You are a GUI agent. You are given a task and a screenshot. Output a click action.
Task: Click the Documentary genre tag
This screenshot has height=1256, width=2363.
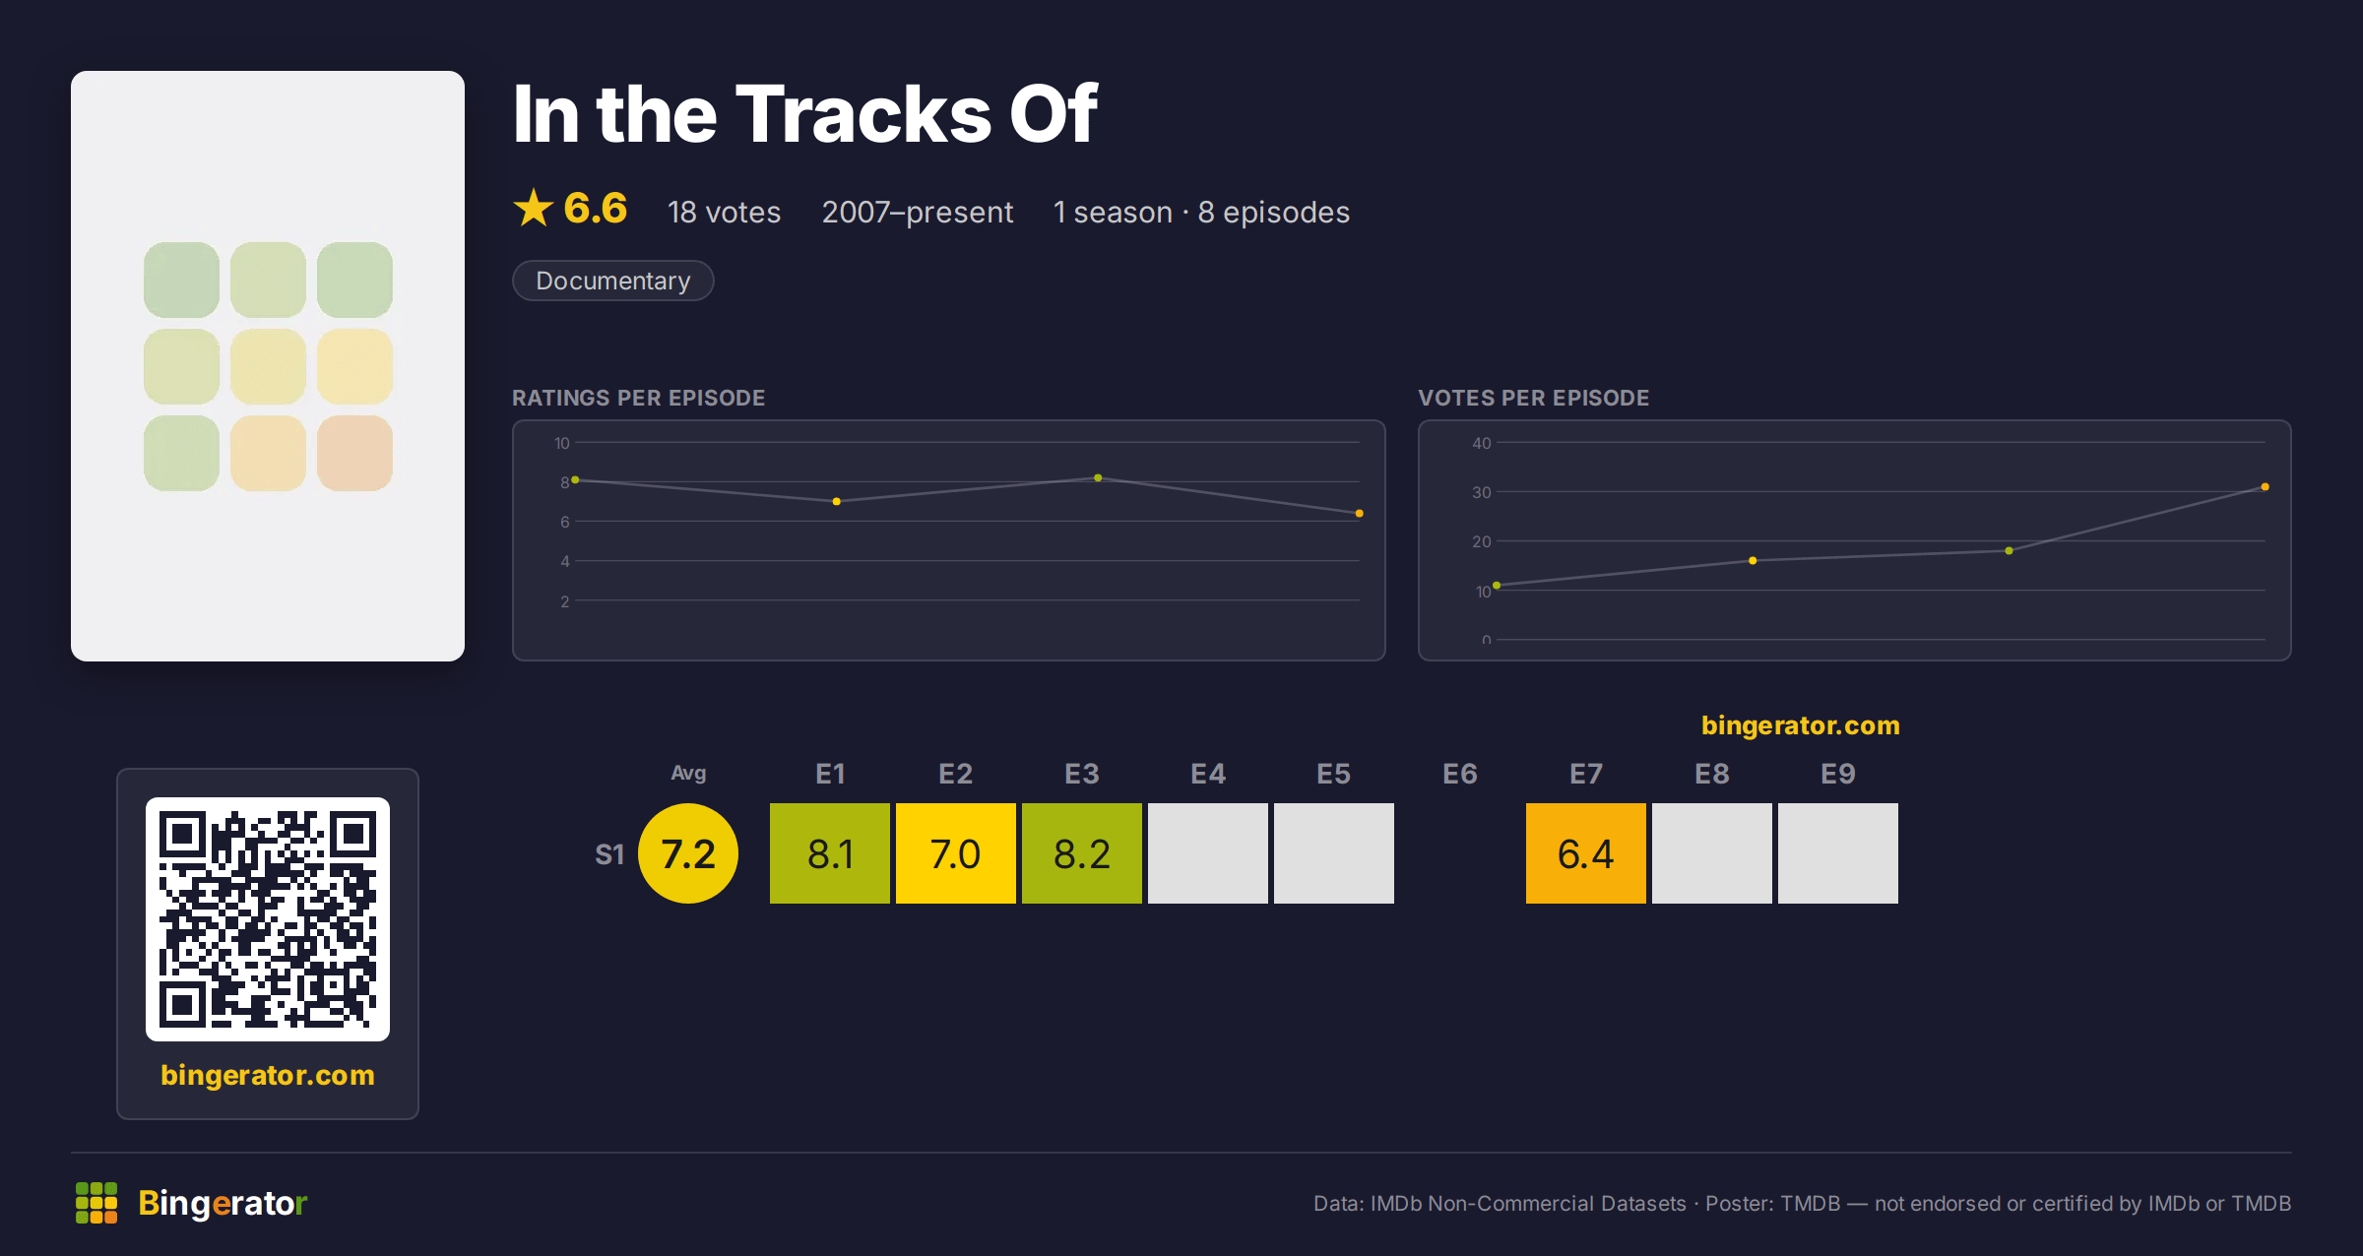click(612, 281)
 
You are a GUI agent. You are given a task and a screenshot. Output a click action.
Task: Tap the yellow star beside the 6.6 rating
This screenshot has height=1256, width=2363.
click(534, 208)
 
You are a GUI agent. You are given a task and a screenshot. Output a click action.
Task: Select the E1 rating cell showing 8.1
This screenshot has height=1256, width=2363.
click(830, 853)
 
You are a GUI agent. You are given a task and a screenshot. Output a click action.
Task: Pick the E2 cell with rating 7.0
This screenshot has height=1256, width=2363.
click(956, 853)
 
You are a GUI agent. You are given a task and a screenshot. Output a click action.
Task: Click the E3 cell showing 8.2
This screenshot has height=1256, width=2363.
click(1082, 853)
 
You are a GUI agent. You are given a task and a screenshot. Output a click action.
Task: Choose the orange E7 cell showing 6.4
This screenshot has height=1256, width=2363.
click(1586, 853)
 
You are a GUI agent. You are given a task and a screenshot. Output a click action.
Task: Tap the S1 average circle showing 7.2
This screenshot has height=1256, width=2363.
click(688, 853)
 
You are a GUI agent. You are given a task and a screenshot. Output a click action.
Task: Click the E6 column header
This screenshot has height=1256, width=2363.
click(1460, 774)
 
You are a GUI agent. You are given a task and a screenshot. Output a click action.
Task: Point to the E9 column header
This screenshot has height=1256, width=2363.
click(1838, 774)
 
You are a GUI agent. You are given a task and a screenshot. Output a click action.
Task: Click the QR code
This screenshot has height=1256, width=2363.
click(268, 919)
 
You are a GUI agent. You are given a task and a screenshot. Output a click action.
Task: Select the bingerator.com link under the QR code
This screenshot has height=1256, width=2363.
click(268, 1075)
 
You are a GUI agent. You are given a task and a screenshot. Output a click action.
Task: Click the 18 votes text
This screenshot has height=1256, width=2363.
click(724, 212)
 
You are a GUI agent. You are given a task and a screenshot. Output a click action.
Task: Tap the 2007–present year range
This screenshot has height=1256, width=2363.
click(918, 212)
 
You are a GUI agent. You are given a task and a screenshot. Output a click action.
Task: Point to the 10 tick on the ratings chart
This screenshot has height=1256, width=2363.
click(562, 443)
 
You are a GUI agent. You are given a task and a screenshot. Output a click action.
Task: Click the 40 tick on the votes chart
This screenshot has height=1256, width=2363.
click(1482, 443)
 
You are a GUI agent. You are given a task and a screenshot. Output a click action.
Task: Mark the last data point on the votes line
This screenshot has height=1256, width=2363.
click(2266, 487)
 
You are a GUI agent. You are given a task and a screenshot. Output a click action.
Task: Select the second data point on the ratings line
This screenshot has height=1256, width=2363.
click(837, 502)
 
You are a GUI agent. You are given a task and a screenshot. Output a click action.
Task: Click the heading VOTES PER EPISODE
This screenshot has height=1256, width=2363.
click(1533, 398)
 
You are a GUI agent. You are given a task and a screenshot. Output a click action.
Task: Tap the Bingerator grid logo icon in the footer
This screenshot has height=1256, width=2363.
click(96, 1203)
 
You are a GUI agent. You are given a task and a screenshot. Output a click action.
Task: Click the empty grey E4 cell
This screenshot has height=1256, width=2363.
click(1208, 853)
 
